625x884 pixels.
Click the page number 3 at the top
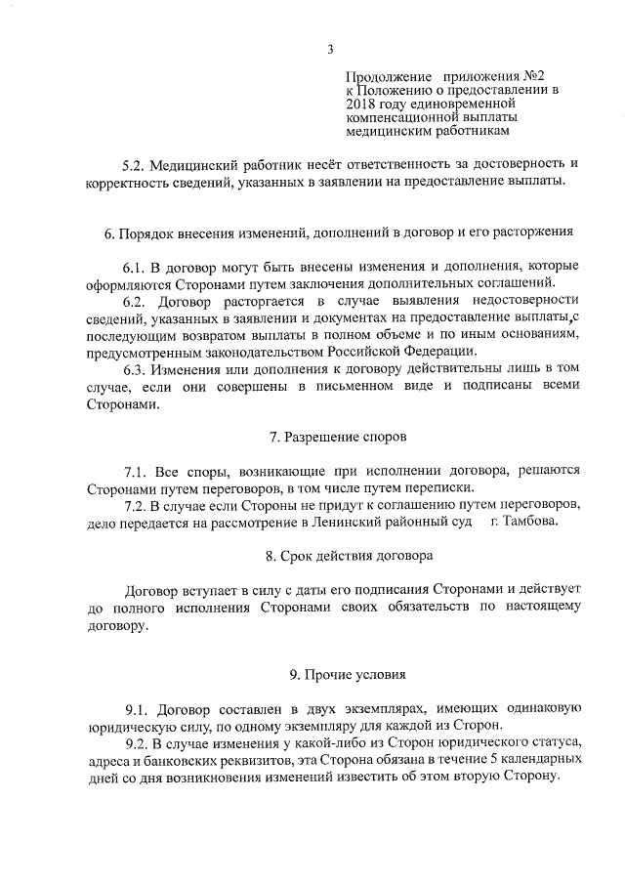point(331,49)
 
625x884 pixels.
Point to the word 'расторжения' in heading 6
point(528,232)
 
